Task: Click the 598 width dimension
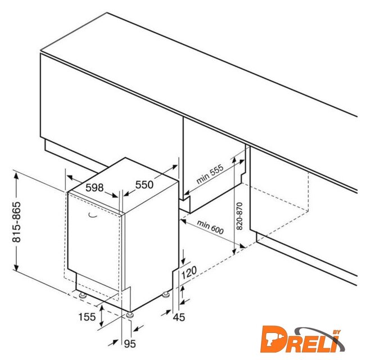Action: point(94,188)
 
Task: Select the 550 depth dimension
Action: point(145,184)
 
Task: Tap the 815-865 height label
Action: point(16,222)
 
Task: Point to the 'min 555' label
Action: point(210,174)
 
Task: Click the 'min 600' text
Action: point(210,227)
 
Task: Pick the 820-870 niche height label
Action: point(240,216)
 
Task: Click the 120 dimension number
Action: point(189,272)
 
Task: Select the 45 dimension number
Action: point(179,317)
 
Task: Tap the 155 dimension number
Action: point(87,317)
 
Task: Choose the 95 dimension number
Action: point(130,344)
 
